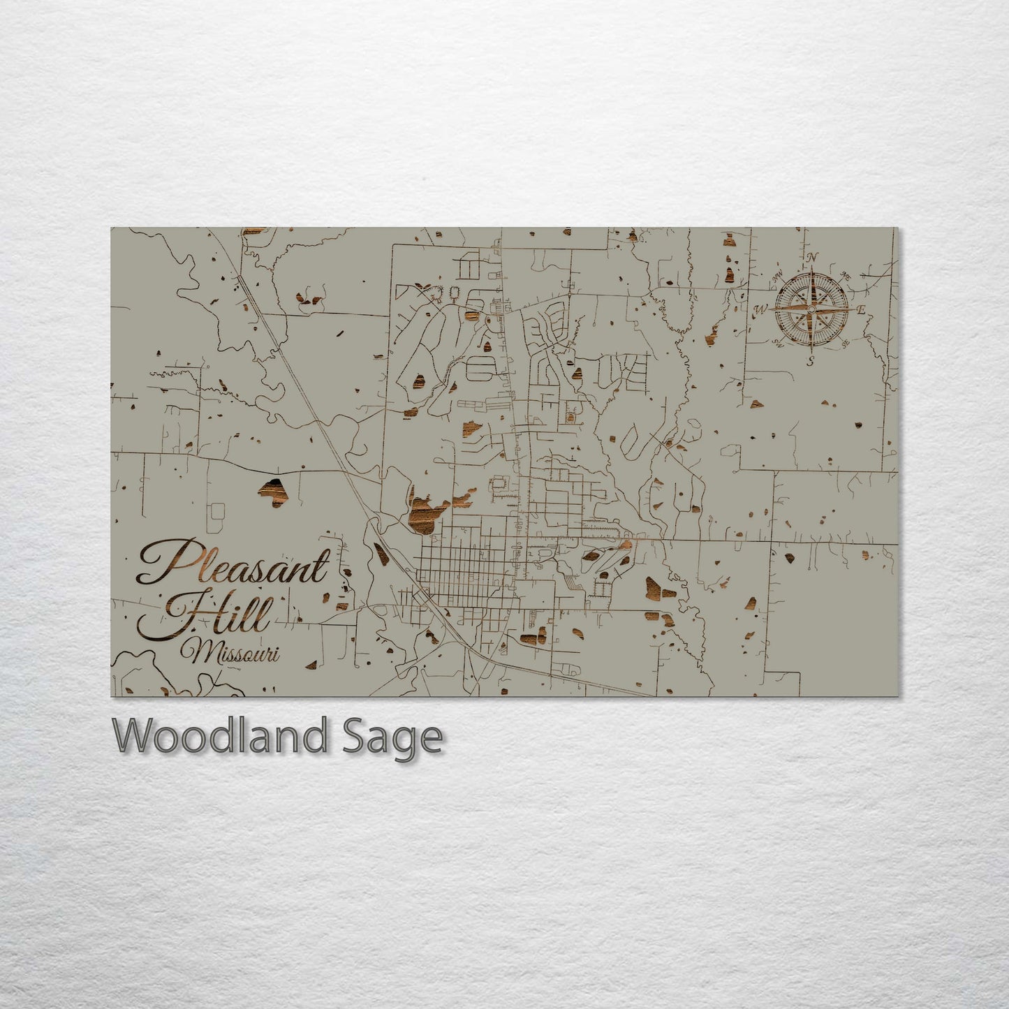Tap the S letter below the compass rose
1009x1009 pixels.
(810, 361)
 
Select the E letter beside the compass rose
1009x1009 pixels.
(861, 310)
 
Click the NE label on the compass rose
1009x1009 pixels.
(846, 274)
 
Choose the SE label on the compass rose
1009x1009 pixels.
(845, 344)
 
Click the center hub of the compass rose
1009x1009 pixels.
(811, 308)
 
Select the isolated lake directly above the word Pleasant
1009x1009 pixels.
(273, 492)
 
